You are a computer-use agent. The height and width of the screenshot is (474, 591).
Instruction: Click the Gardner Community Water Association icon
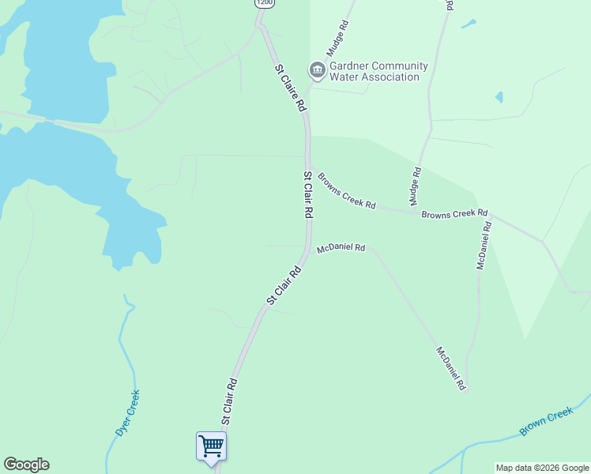(318, 70)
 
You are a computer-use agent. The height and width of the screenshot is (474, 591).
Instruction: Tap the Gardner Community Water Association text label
(378, 71)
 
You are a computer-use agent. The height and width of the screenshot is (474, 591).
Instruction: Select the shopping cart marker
(211, 447)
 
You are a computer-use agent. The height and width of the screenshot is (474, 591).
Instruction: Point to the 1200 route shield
(265, 3)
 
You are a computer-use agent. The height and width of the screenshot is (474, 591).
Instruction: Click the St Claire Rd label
(290, 88)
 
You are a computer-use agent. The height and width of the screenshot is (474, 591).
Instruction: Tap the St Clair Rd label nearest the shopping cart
(229, 400)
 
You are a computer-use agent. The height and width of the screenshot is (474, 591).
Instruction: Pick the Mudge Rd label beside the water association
(341, 36)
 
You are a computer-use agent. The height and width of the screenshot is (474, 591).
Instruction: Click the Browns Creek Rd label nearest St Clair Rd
(346, 190)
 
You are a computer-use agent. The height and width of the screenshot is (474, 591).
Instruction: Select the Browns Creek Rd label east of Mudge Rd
(454, 214)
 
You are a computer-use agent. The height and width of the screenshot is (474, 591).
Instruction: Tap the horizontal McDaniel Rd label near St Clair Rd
(341, 248)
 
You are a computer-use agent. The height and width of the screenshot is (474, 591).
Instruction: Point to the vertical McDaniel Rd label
(484, 245)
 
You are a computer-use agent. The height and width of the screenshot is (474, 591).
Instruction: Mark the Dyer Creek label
(127, 413)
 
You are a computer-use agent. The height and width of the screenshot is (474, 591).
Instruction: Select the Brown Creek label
(546, 421)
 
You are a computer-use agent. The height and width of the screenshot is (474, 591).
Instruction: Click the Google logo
(26, 465)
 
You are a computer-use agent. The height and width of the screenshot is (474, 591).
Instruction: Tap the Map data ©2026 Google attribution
(541, 468)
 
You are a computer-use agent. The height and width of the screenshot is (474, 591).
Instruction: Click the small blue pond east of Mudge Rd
(499, 97)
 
